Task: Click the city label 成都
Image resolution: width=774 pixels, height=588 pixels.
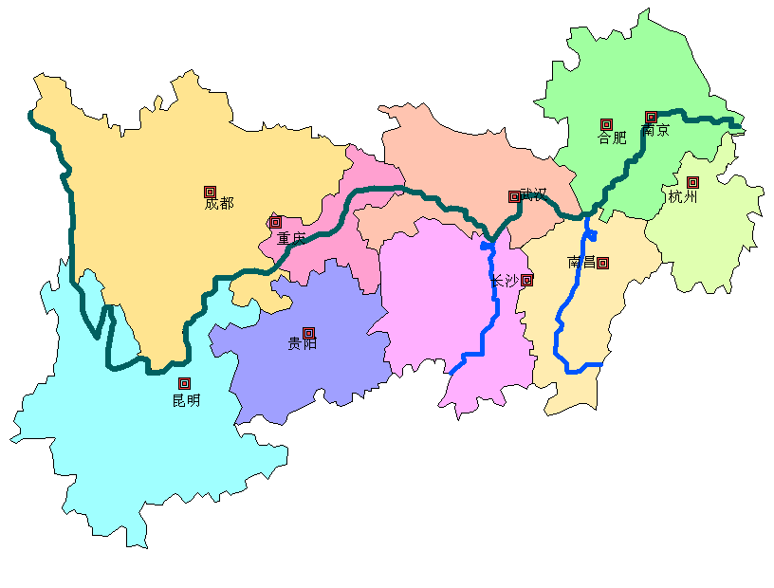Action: click(x=218, y=204)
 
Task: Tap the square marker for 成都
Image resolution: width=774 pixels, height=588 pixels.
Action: click(x=210, y=192)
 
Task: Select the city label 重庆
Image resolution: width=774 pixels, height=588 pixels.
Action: click(x=291, y=239)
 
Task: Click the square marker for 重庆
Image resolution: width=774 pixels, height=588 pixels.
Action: click(x=275, y=222)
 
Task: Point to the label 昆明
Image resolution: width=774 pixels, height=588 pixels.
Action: click(x=186, y=400)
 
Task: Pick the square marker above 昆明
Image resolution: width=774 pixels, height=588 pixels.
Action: click(x=185, y=383)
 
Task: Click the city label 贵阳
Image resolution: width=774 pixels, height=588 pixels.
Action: click(x=303, y=343)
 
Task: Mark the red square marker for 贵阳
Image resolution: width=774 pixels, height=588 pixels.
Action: click(x=308, y=332)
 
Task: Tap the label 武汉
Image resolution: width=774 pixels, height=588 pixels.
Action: click(x=534, y=194)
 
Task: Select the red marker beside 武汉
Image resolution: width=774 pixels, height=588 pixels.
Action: click(x=514, y=197)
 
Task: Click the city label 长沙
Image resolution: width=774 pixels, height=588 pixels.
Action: click(x=505, y=281)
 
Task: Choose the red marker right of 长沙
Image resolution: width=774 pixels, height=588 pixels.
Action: click(x=526, y=280)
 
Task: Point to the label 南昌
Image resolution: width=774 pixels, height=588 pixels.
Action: click(x=581, y=262)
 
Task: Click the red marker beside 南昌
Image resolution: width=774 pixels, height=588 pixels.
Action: click(x=602, y=263)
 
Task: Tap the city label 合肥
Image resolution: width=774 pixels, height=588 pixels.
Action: click(x=612, y=138)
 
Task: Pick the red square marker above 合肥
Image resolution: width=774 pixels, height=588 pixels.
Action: click(x=606, y=123)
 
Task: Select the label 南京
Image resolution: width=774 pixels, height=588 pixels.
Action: click(x=655, y=131)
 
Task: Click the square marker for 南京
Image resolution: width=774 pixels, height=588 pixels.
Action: click(x=651, y=117)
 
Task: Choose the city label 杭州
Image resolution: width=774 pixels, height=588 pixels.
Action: click(x=683, y=197)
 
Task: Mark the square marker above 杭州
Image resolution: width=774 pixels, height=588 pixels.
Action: click(x=692, y=182)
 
